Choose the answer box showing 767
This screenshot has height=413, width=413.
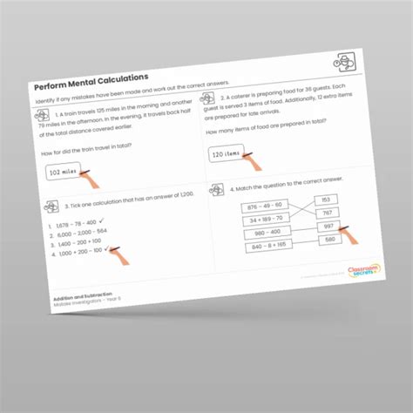pos(327,213)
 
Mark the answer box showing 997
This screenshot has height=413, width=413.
pos(328,226)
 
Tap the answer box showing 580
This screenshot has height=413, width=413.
pos(329,239)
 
